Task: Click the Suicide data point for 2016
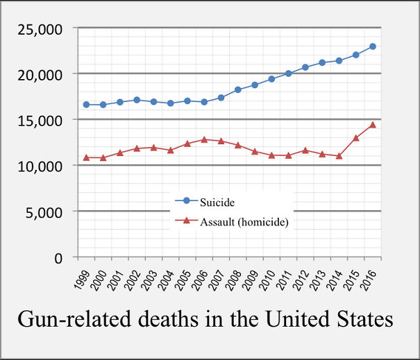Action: (372, 46)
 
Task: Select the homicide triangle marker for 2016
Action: (372, 125)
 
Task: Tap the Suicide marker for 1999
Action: (86, 105)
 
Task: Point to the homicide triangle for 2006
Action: (204, 139)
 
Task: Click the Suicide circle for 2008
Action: (237, 89)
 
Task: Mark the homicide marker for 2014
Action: (339, 156)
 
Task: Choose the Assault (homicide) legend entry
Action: (236, 222)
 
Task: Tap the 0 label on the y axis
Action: (58, 257)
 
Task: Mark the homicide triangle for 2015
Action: (355, 137)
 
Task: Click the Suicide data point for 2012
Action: (305, 67)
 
